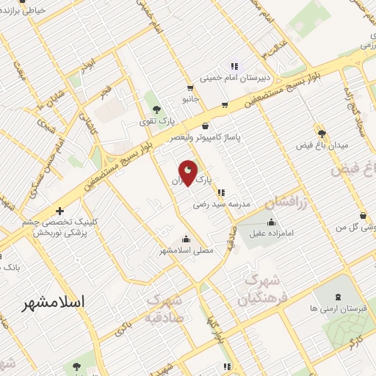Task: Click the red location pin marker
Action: click(x=188, y=174)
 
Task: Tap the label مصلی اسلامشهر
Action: click(x=187, y=250)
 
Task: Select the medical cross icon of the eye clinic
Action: click(x=59, y=212)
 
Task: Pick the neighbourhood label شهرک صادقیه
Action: click(x=163, y=309)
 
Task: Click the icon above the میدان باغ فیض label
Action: click(x=321, y=134)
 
